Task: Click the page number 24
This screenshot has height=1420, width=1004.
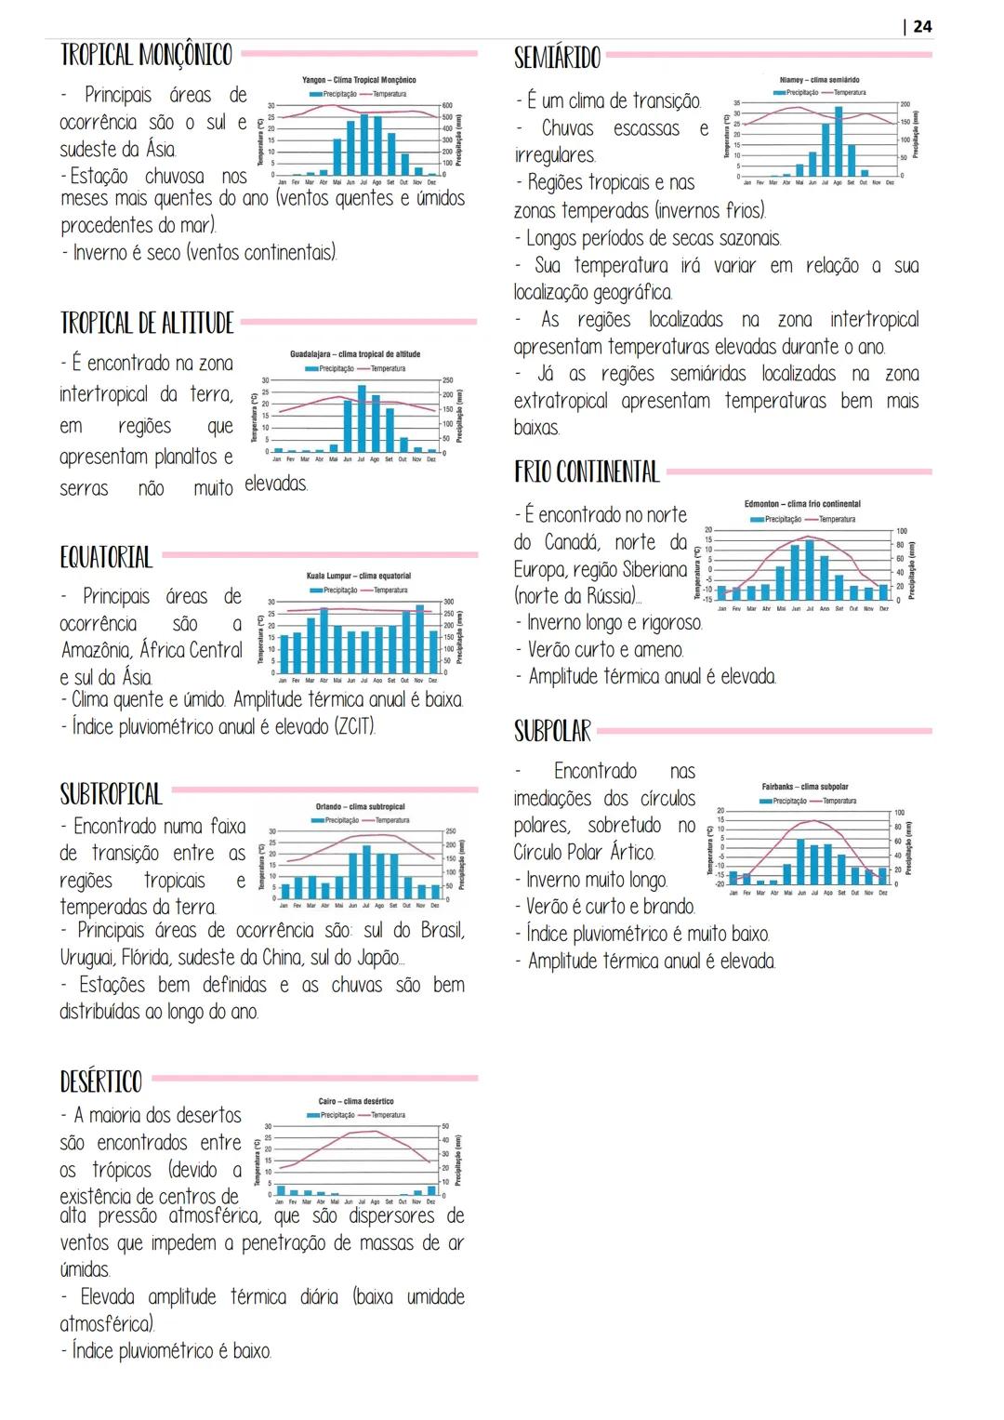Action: (921, 26)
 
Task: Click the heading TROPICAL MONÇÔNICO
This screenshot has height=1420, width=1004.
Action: (146, 55)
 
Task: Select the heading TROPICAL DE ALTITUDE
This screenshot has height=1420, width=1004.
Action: (147, 324)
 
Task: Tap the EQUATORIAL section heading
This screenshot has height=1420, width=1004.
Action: (106, 558)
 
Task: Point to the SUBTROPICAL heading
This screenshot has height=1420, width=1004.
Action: (111, 794)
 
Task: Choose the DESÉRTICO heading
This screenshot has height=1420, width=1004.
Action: (100, 1082)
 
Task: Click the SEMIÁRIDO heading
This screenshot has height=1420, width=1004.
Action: (557, 58)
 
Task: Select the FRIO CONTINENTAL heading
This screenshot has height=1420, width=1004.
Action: (587, 472)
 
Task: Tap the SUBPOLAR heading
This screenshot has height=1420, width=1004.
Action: (552, 732)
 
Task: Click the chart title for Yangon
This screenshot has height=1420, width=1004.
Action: (359, 81)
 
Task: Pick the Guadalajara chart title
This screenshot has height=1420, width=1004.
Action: (355, 354)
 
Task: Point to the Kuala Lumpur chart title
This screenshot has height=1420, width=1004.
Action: (359, 577)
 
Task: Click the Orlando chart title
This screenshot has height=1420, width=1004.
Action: (361, 807)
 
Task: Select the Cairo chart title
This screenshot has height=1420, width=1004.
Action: (356, 1101)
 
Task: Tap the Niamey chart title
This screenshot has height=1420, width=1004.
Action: (819, 80)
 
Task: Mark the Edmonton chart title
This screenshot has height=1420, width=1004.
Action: (802, 504)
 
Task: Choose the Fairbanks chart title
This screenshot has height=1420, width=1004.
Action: (805, 787)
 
